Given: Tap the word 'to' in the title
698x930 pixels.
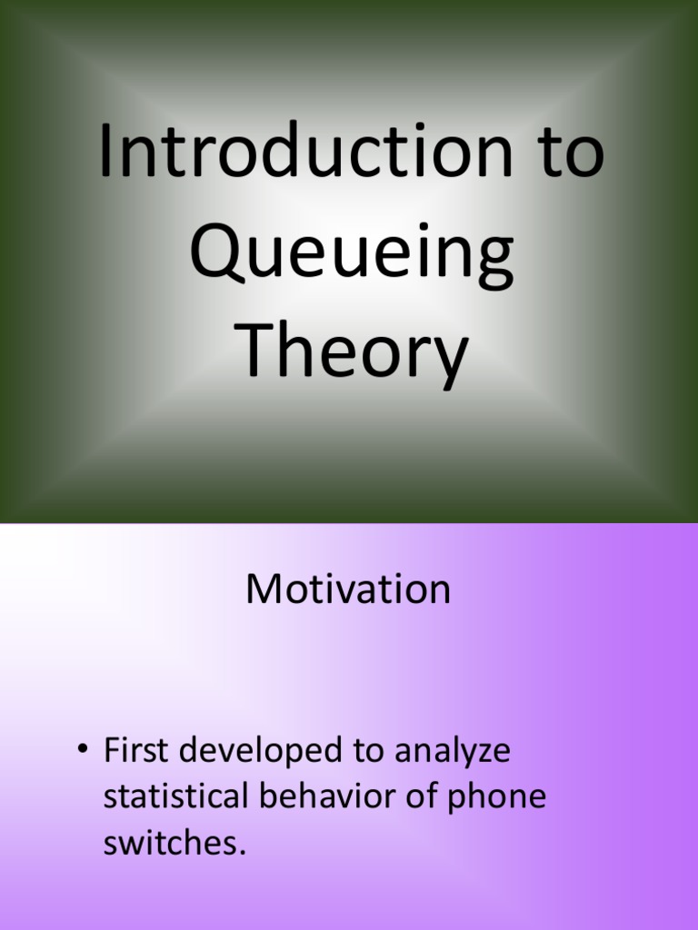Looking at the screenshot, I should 570,153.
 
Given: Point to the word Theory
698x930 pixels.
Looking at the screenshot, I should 354,354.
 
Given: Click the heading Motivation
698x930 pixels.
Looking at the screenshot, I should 348,589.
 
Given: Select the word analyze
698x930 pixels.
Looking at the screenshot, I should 453,752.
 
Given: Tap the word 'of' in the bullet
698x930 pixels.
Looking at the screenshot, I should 416,796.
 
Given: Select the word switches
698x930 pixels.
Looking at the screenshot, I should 171,842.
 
